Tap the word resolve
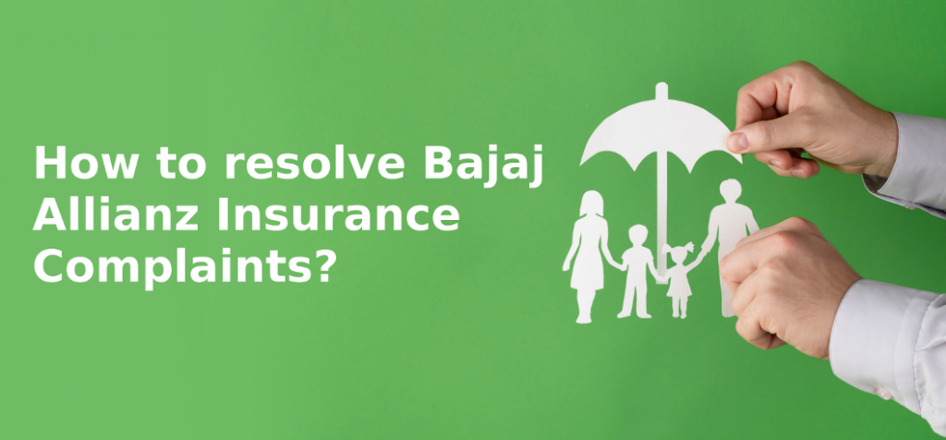point(315,163)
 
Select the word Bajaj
point(483,165)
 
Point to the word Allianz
point(115,214)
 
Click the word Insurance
point(338,215)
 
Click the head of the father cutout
point(730,190)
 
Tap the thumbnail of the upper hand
point(737,141)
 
